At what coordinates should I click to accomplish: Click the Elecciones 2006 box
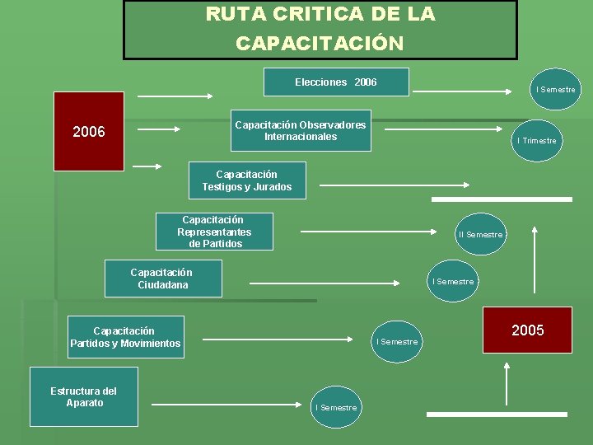coord(336,82)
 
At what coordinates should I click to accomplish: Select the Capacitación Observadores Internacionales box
coord(301,130)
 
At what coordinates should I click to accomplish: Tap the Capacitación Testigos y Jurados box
coord(247,180)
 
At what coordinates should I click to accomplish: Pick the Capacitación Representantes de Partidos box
coord(214,232)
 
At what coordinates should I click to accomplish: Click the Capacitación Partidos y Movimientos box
coord(125,337)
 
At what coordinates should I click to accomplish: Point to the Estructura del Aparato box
coord(83,396)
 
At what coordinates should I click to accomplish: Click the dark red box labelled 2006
coord(89,131)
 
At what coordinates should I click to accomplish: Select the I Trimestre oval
coord(536,140)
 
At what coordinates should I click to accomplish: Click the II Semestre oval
coord(480,234)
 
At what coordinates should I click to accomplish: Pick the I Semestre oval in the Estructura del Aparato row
coord(336,407)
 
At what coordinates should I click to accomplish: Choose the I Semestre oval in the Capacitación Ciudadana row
coord(453,281)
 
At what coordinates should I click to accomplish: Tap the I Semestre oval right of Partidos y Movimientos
coord(396,341)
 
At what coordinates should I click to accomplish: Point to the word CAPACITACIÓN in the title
coord(320,44)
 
